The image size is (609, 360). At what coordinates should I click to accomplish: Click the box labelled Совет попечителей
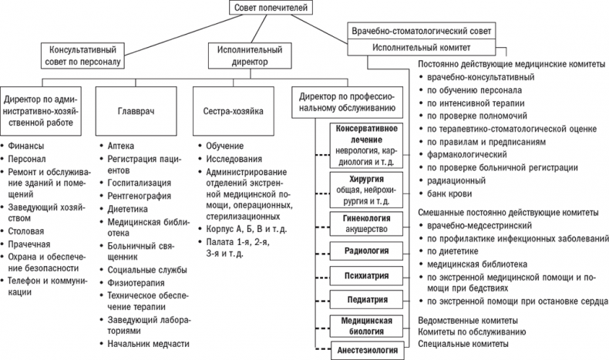coord(264,9)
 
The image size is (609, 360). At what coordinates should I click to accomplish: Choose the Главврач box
coord(136,111)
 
